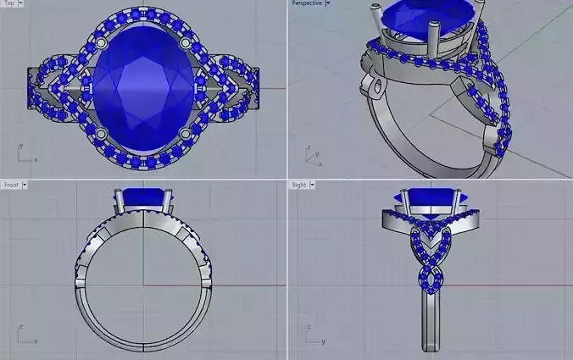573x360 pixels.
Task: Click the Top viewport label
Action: click(x=9, y=3)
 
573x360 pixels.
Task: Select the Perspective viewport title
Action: click(x=306, y=3)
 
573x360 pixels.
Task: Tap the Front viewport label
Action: click(x=11, y=184)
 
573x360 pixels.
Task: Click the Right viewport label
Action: click(x=299, y=184)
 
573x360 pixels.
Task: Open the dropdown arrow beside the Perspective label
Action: click(x=328, y=3)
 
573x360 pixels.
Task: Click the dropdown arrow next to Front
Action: click(x=25, y=184)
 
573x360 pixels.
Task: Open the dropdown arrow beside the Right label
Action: click(x=313, y=184)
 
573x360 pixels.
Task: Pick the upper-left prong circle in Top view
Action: click(x=101, y=42)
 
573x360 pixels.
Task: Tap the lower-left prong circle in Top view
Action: click(x=102, y=135)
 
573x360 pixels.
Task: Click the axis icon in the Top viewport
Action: click(x=24, y=153)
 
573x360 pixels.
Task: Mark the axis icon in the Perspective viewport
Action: click(x=311, y=155)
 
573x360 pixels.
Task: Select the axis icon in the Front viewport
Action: click(x=24, y=335)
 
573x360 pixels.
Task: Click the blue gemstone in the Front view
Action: click(x=143, y=198)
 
